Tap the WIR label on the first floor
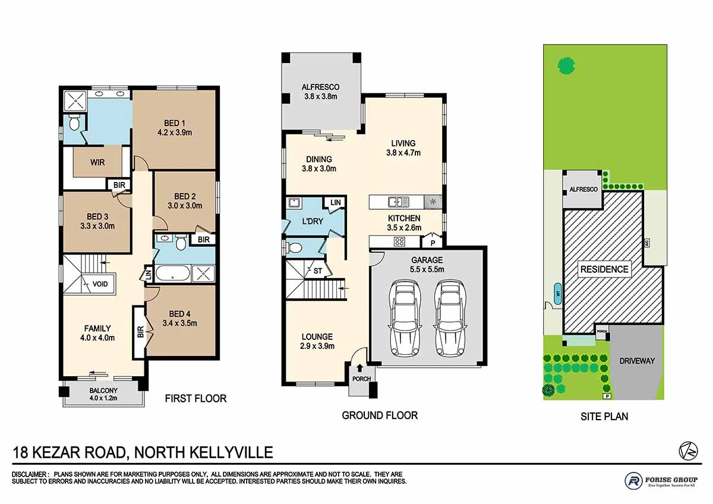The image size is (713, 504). tap(98, 162)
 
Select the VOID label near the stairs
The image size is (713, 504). tap(100, 284)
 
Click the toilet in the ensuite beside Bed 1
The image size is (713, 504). tap(74, 124)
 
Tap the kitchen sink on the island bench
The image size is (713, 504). tap(396, 201)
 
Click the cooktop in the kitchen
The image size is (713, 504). tap(400, 241)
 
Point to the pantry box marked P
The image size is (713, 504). tap(433, 242)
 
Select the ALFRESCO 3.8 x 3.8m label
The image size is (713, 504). tap(320, 92)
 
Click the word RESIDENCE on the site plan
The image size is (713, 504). tap(604, 269)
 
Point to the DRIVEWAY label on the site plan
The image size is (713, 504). tap(636, 361)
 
